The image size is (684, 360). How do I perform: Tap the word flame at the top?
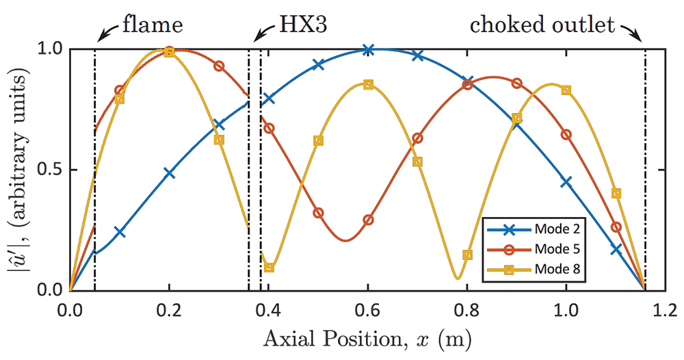coord(153,26)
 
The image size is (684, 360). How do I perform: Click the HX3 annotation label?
coord(304,26)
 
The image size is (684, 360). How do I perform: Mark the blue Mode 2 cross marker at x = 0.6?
coord(368,50)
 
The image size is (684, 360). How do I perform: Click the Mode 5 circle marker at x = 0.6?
coord(368,220)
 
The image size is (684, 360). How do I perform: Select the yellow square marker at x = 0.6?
coord(368,85)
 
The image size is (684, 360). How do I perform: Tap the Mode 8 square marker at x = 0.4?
coord(269,268)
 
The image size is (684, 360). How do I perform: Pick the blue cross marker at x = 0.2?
coord(170,173)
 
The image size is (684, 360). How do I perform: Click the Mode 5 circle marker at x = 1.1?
coord(616,227)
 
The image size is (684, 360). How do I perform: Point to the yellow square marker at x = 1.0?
coord(566,90)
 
